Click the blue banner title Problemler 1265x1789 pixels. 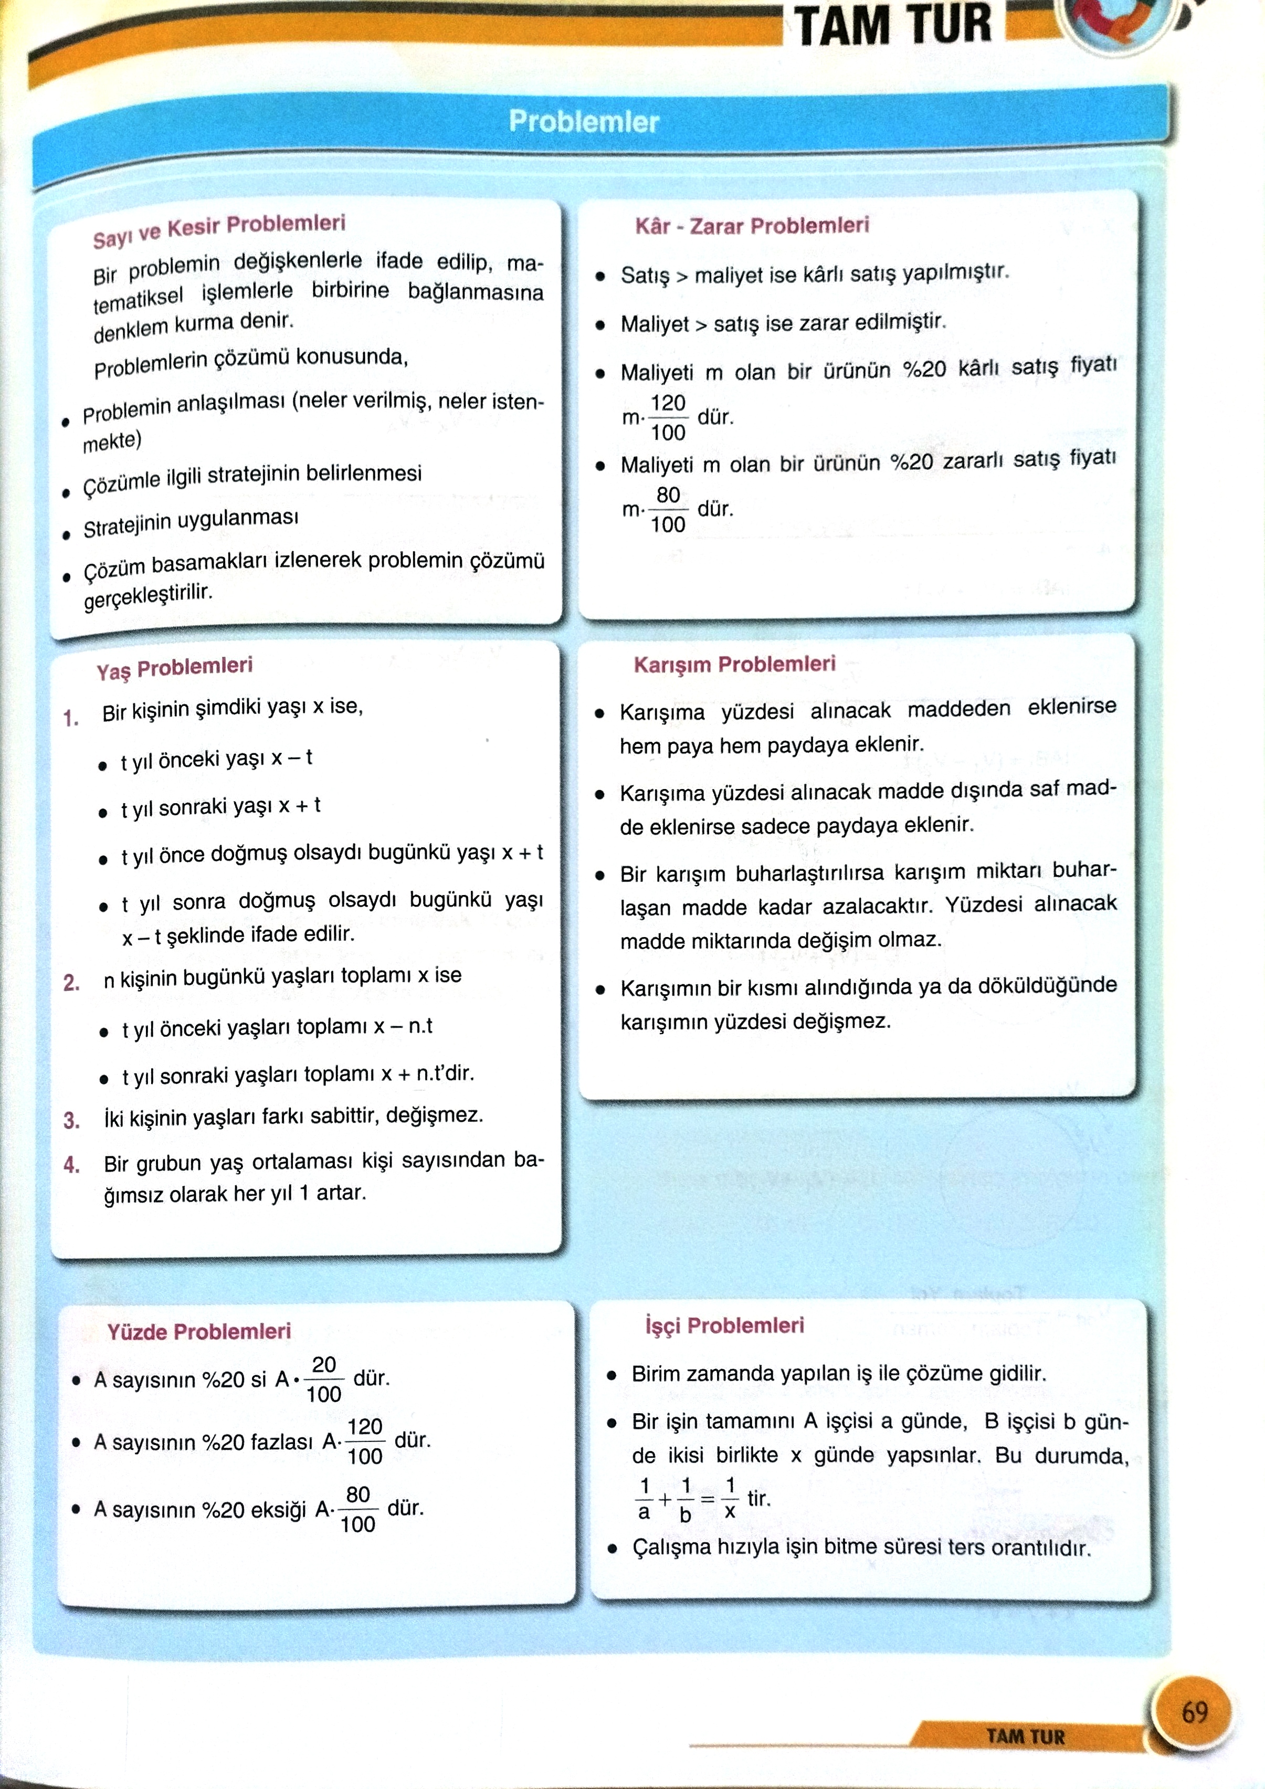pos(584,122)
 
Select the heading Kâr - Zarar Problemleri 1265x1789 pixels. pos(752,226)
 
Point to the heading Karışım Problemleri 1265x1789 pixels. pos(734,664)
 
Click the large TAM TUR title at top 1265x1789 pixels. pos(893,25)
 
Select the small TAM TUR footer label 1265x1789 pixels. pos(1025,1737)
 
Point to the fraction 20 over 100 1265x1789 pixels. pos(323,1378)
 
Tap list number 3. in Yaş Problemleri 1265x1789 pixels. pos(72,1120)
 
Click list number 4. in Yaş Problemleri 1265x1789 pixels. pos(72,1165)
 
